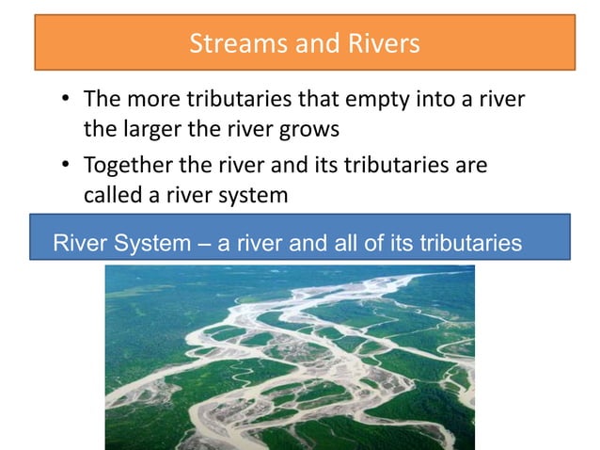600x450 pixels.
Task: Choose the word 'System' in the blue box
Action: coord(155,244)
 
